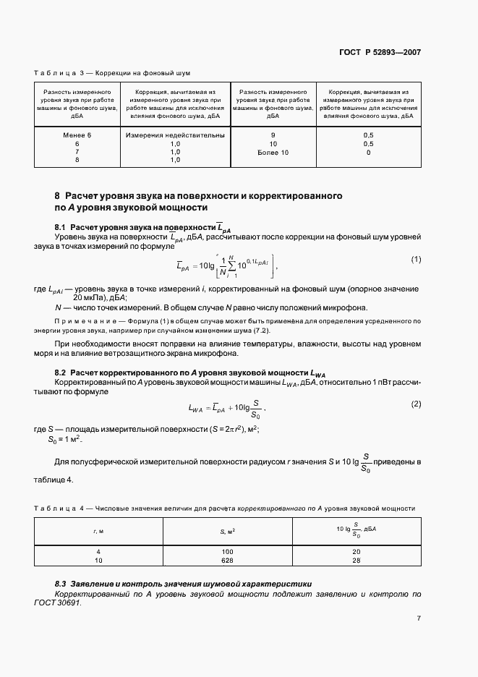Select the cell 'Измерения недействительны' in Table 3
coord(175,135)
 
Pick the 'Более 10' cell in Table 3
coord(273,153)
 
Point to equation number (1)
coord(416,259)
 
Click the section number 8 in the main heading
coord(57,196)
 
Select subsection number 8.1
coord(61,227)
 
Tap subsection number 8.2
coord(61,371)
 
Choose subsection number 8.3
coord(61,583)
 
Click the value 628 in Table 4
coord(227,560)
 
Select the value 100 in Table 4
coord(227,551)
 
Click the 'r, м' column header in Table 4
coord(98,532)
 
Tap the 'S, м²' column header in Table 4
coord(227,532)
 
